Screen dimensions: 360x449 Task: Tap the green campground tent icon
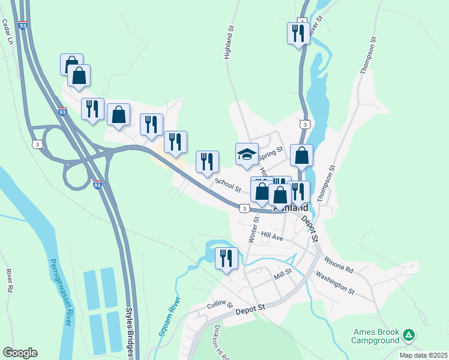pos(409,335)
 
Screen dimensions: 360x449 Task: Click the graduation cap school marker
pos(247,155)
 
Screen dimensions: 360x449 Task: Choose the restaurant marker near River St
pos(298,32)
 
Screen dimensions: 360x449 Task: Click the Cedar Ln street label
pos(7,32)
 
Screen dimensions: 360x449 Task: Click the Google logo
pos(20,353)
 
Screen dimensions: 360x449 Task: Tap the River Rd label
pos(10,281)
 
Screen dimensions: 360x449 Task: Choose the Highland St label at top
pos(229,42)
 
